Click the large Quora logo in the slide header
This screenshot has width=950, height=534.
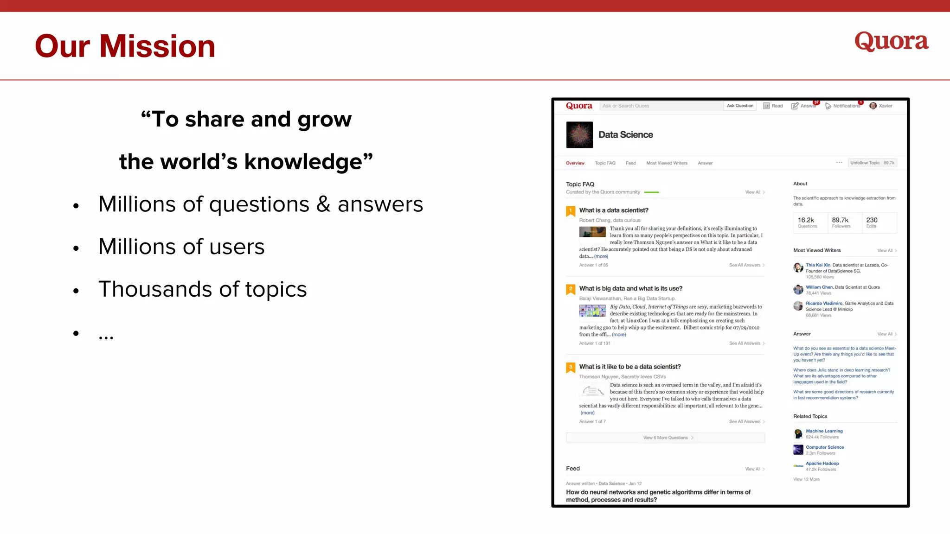[x=891, y=41]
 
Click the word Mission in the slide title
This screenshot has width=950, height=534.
[x=157, y=46]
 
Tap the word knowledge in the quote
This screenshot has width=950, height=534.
[x=303, y=162]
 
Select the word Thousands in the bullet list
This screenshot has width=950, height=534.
[x=155, y=289]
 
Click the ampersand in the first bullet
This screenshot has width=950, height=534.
[x=323, y=204]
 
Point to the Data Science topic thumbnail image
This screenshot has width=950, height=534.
[x=579, y=135]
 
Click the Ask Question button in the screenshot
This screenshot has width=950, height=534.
[x=740, y=106]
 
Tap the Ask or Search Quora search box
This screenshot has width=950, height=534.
[x=661, y=106]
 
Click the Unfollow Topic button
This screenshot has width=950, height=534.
[x=865, y=163]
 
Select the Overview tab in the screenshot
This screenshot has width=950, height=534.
[x=575, y=163]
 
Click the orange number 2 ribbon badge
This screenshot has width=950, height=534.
[x=571, y=289]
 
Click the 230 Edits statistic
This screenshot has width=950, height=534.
[x=872, y=222]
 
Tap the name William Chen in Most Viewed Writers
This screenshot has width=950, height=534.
[x=819, y=287]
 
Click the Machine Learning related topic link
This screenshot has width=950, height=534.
[x=824, y=431]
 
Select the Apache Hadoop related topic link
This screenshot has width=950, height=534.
[x=822, y=464]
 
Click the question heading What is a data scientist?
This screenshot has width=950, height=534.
[x=614, y=210]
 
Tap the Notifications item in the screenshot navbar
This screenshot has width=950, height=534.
[x=846, y=106]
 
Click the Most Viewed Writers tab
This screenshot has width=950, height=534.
[x=667, y=163]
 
